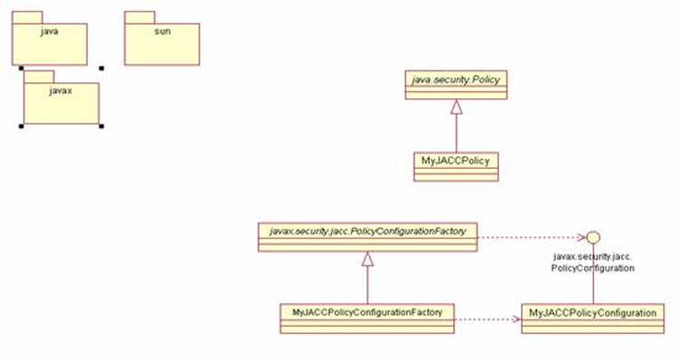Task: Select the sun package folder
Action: click(x=162, y=43)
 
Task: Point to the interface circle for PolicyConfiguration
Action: click(x=592, y=237)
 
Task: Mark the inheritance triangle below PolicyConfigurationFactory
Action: click(x=366, y=260)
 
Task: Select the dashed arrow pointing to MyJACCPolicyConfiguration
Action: click(x=487, y=318)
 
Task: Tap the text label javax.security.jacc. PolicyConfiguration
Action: click(x=593, y=263)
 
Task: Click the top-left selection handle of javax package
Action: click(x=20, y=67)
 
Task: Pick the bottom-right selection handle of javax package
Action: click(x=101, y=127)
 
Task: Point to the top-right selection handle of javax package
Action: click(x=101, y=67)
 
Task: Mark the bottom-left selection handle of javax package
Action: click(x=20, y=127)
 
